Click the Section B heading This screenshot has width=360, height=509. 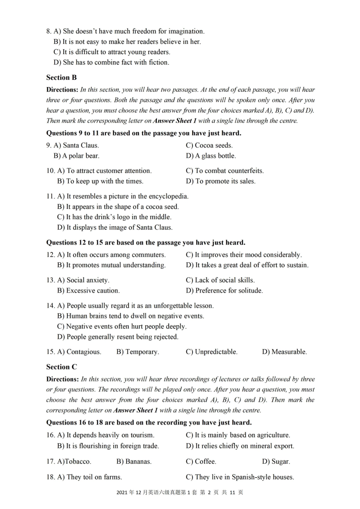coord(61,78)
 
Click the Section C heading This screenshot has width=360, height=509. coord(61,367)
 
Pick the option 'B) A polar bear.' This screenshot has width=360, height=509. coord(76,156)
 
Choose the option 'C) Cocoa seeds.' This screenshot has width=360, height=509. coord(209,145)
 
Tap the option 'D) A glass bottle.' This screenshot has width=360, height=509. coord(211,156)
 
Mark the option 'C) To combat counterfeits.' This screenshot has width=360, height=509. coord(225,171)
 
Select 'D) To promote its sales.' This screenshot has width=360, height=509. coord(221,181)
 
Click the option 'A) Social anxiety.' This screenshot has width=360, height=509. coord(83,280)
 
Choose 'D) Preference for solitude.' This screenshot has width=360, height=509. coord(224,291)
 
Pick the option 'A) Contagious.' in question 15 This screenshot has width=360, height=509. coord(79,352)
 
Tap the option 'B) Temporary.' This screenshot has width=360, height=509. coord(138,352)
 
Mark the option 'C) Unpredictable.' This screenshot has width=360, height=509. coord(211,352)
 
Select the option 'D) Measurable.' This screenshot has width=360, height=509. coord(284,352)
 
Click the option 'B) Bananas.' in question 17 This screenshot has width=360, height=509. coord(134,462)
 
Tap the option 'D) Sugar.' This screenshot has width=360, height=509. coord(276,462)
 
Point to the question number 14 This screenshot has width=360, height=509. coord(50,306)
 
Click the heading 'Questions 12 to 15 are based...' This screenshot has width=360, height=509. coord(146,243)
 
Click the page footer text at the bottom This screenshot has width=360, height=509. coord(180,492)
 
